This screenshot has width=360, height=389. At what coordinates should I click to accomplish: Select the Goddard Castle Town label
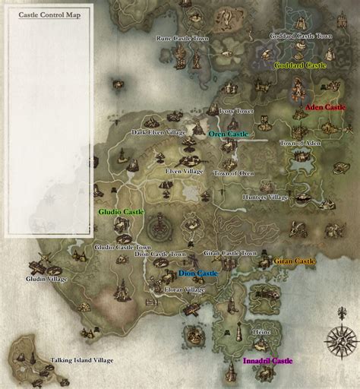click(301, 36)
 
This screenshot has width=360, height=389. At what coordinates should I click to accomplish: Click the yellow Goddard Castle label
click(300, 66)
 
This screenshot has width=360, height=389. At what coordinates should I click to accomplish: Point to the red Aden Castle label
click(325, 108)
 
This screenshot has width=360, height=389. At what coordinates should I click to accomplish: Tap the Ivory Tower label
click(235, 110)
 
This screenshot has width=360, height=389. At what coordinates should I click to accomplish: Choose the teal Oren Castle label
click(229, 134)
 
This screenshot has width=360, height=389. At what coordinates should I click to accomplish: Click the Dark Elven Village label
click(158, 132)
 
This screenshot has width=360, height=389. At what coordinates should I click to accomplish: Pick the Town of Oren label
click(233, 173)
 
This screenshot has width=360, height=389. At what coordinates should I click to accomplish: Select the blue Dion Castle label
click(198, 273)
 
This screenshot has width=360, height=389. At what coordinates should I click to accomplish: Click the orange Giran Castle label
click(295, 261)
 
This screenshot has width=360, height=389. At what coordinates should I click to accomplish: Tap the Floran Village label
click(185, 289)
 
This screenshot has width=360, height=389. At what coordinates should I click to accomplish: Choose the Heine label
click(261, 332)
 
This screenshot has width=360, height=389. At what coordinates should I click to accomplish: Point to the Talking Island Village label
click(81, 360)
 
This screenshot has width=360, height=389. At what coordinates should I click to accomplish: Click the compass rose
click(341, 342)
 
